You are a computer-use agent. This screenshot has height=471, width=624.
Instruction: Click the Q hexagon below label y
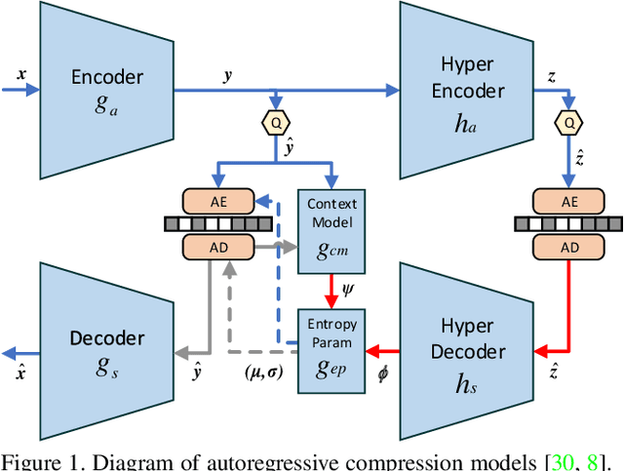pos(278,124)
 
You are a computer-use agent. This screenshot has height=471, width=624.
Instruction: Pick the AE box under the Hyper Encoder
pos(568,201)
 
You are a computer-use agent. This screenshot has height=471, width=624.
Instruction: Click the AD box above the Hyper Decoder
pos(568,248)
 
